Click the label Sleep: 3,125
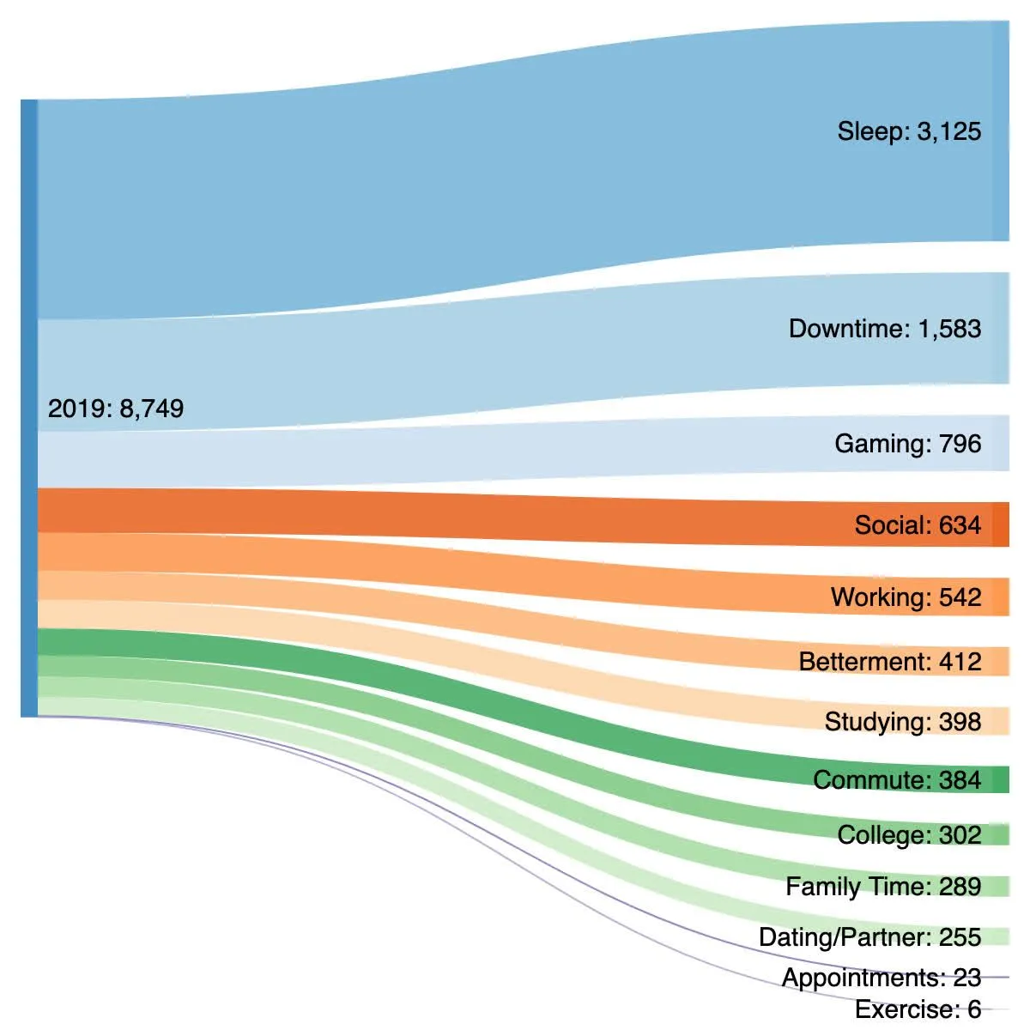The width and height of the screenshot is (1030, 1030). tap(909, 131)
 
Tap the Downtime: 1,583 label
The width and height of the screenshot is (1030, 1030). tap(884, 329)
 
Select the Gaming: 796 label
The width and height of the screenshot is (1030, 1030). tap(907, 444)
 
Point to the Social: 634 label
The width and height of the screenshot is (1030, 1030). tap(917, 525)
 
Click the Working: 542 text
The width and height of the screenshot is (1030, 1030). tap(906, 597)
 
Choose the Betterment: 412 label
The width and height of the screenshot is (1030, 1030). tap(889, 662)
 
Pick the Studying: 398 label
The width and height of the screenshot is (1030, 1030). tap(902, 722)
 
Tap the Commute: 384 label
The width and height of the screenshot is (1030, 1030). tap(896, 780)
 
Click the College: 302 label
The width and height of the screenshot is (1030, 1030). tap(909, 835)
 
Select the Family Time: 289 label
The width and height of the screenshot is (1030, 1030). tap(882, 887)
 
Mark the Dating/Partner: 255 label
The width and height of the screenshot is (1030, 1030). tap(869, 937)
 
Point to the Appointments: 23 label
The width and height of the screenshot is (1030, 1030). tap(881, 978)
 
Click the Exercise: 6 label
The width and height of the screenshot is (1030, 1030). tap(918, 1009)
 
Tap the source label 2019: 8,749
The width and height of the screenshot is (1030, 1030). tap(115, 409)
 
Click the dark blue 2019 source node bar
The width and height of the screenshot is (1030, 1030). tap(29, 409)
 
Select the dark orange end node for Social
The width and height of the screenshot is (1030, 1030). tap(1000, 524)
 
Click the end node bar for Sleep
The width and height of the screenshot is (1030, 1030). tap(1000, 131)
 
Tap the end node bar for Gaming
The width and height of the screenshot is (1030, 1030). tap(1000, 443)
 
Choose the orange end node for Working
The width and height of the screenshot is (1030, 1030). tap(1000, 597)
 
